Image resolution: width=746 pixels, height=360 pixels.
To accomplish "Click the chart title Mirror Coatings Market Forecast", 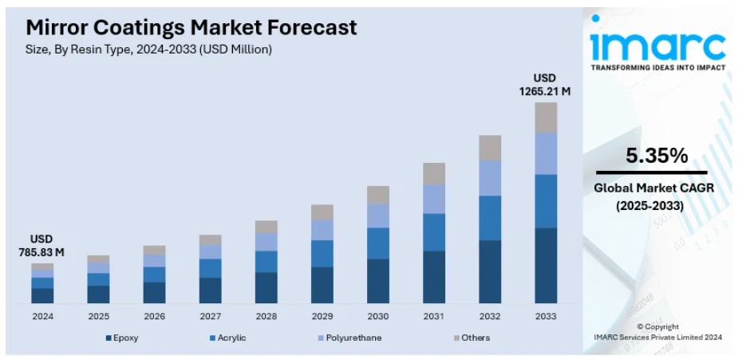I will [191, 27].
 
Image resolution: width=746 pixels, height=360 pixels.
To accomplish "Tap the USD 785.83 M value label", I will [42, 245].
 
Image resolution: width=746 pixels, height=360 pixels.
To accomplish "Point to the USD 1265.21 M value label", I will [546, 85].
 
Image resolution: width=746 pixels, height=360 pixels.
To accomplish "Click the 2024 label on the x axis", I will [42, 316].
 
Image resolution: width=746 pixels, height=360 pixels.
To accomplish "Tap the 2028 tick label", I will [266, 316].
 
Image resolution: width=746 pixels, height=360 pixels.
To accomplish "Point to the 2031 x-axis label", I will [433, 316].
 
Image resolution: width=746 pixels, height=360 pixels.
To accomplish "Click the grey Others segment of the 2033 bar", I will [546, 117].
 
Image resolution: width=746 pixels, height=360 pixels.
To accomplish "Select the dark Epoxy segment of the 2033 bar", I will [546, 265].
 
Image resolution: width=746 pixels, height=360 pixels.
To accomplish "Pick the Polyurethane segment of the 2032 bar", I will [490, 177].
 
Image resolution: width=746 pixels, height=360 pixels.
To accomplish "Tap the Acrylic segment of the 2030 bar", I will [378, 243].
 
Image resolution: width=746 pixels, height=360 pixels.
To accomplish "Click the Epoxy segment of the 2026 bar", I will [154, 292].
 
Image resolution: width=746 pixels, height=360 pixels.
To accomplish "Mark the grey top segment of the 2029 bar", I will [322, 212].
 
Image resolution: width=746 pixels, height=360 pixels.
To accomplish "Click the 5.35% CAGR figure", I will [656, 156].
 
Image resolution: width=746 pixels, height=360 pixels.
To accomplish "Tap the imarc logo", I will [657, 46].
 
